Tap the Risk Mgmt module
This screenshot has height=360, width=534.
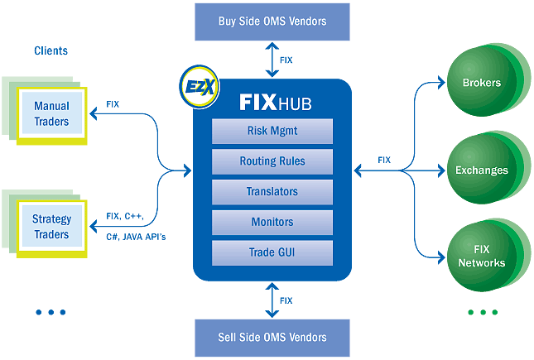pos(272,132)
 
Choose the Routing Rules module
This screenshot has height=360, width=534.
pos(272,161)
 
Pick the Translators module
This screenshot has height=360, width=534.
pos(272,192)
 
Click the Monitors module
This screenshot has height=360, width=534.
pos(272,223)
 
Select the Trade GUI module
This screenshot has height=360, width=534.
pos(272,252)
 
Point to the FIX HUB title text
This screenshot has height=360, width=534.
pos(273,103)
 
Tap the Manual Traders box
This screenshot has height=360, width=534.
pos(51,113)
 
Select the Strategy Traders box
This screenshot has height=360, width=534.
pos(51,227)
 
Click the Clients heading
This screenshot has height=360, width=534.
pos(51,51)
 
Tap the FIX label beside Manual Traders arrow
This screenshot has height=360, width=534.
pos(113,105)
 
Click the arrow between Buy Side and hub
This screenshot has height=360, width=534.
pos(272,60)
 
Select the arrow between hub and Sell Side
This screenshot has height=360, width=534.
pos(272,300)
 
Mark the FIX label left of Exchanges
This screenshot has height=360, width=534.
pos(384,160)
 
